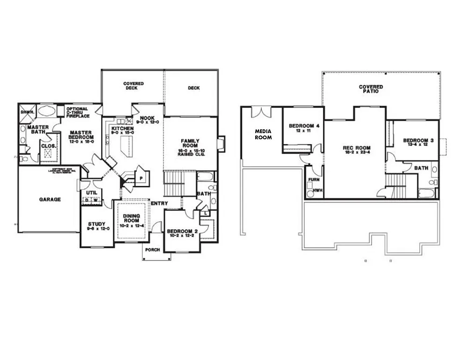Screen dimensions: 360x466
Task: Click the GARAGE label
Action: (x=50, y=199)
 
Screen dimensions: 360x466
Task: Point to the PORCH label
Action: (x=152, y=250)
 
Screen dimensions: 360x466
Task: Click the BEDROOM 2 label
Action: (x=184, y=231)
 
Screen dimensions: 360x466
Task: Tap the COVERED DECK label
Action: (x=133, y=86)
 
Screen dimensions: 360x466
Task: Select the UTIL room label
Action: (x=91, y=193)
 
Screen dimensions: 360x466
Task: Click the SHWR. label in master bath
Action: (x=25, y=112)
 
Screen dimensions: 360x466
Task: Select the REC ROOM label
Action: (x=357, y=149)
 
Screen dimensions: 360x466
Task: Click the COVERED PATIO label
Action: (x=371, y=89)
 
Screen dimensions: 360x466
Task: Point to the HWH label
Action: (x=317, y=190)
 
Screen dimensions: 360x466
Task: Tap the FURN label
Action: (x=312, y=180)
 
